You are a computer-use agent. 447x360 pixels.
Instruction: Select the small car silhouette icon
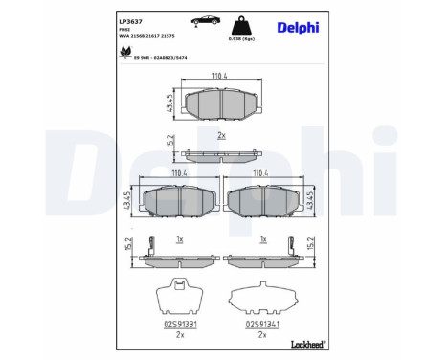point(202,19)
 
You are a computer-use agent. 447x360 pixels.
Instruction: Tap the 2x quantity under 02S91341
point(260,336)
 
